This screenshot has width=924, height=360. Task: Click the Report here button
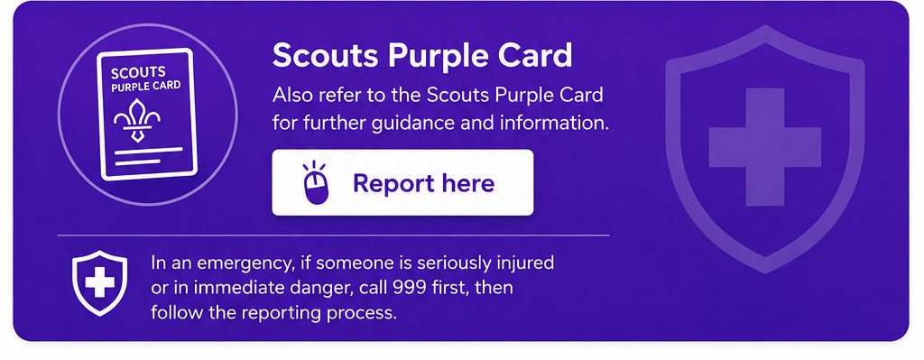[402, 182]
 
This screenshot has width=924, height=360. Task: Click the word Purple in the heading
[437, 57]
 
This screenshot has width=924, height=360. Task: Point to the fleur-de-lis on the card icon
[137, 120]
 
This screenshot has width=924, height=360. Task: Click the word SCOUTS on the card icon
[138, 73]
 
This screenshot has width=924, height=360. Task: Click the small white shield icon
[99, 283]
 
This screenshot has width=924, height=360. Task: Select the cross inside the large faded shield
[765, 147]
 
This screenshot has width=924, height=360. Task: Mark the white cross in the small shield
[99, 282]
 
